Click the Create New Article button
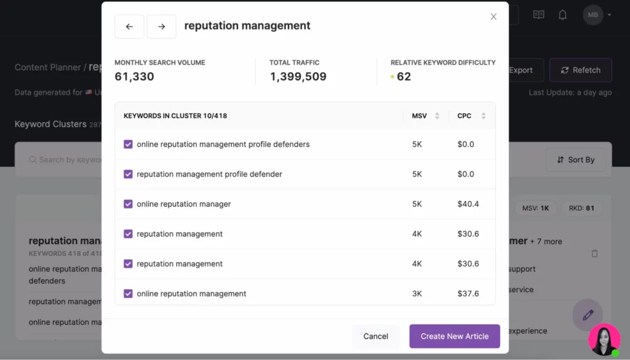(x=455, y=336)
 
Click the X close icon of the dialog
(x=493, y=17)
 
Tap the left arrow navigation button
(x=129, y=26)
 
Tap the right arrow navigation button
(x=161, y=26)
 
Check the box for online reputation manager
(x=128, y=204)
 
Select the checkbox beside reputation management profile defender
(x=128, y=174)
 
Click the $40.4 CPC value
(x=468, y=204)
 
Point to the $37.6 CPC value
(x=468, y=294)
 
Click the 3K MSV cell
(x=417, y=294)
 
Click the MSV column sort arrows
(x=437, y=116)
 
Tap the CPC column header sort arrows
(x=484, y=116)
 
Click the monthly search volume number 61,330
(x=134, y=76)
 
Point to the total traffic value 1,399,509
(x=298, y=76)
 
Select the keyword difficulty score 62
(x=404, y=76)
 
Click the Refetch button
(x=580, y=70)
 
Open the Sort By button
(x=575, y=159)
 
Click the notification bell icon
(x=562, y=15)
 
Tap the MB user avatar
(x=593, y=15)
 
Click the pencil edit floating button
(x=588, y=315)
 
